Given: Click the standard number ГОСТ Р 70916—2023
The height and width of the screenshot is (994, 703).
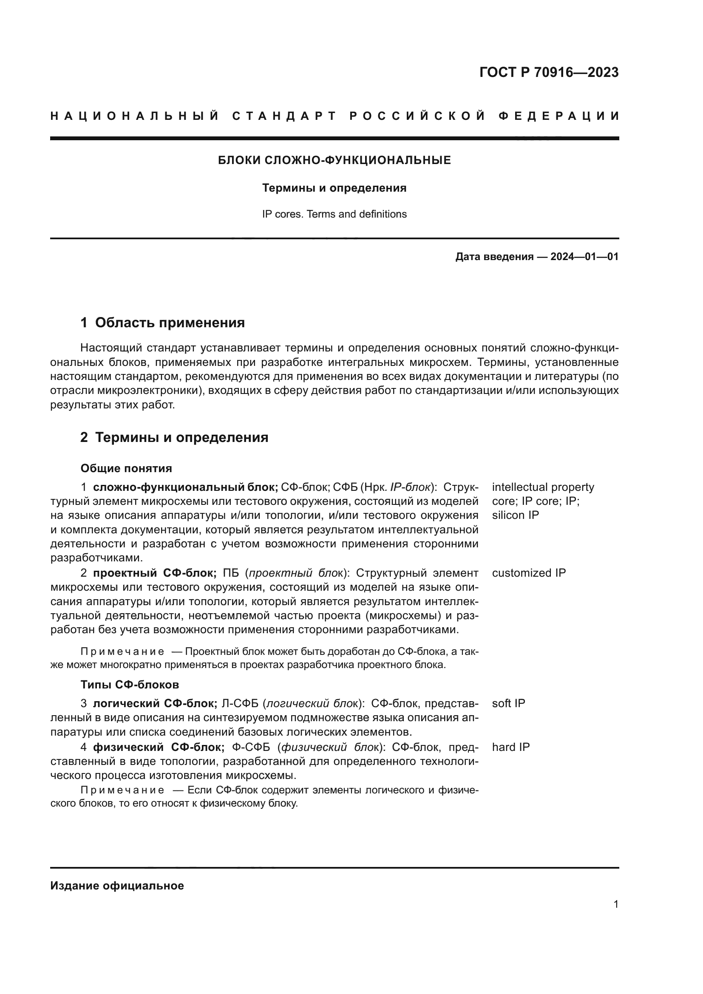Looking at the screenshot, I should [x=548, y=72].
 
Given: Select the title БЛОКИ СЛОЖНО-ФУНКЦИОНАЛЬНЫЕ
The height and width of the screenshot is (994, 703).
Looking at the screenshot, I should [x=334, y=161].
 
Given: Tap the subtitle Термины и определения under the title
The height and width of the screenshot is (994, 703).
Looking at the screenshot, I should [x=334, y=188].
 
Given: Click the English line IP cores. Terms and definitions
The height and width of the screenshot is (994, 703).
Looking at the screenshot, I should [x=334, y=214].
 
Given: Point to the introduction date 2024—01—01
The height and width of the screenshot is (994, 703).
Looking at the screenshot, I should [x=584, y=257].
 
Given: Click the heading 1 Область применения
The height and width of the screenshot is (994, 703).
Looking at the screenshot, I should [x=162, y=323].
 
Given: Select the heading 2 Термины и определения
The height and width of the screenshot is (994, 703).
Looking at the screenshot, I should [x=174, y=438].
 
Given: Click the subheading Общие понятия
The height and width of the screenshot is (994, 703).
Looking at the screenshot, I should [x=126, y=468].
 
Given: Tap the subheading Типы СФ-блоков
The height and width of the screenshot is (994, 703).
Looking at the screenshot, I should [x=130, y=685].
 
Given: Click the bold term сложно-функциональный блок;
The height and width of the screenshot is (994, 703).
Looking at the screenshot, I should [x=185, y=487].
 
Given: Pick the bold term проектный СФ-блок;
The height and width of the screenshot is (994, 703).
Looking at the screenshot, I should [x=155, y=573].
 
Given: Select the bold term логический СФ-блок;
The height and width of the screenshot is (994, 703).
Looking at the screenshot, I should [x=155, y=703].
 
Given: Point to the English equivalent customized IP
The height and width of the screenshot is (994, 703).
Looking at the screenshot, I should [x=529, y=573].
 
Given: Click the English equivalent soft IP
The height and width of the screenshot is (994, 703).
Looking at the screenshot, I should [x=508, y=703].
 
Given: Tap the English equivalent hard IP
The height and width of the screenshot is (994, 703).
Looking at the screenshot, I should [x=510, y=747].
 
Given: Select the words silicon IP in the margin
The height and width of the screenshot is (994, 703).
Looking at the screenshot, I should [x=515, y=515].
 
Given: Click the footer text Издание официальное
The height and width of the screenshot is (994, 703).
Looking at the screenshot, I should [x=117, y=886].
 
